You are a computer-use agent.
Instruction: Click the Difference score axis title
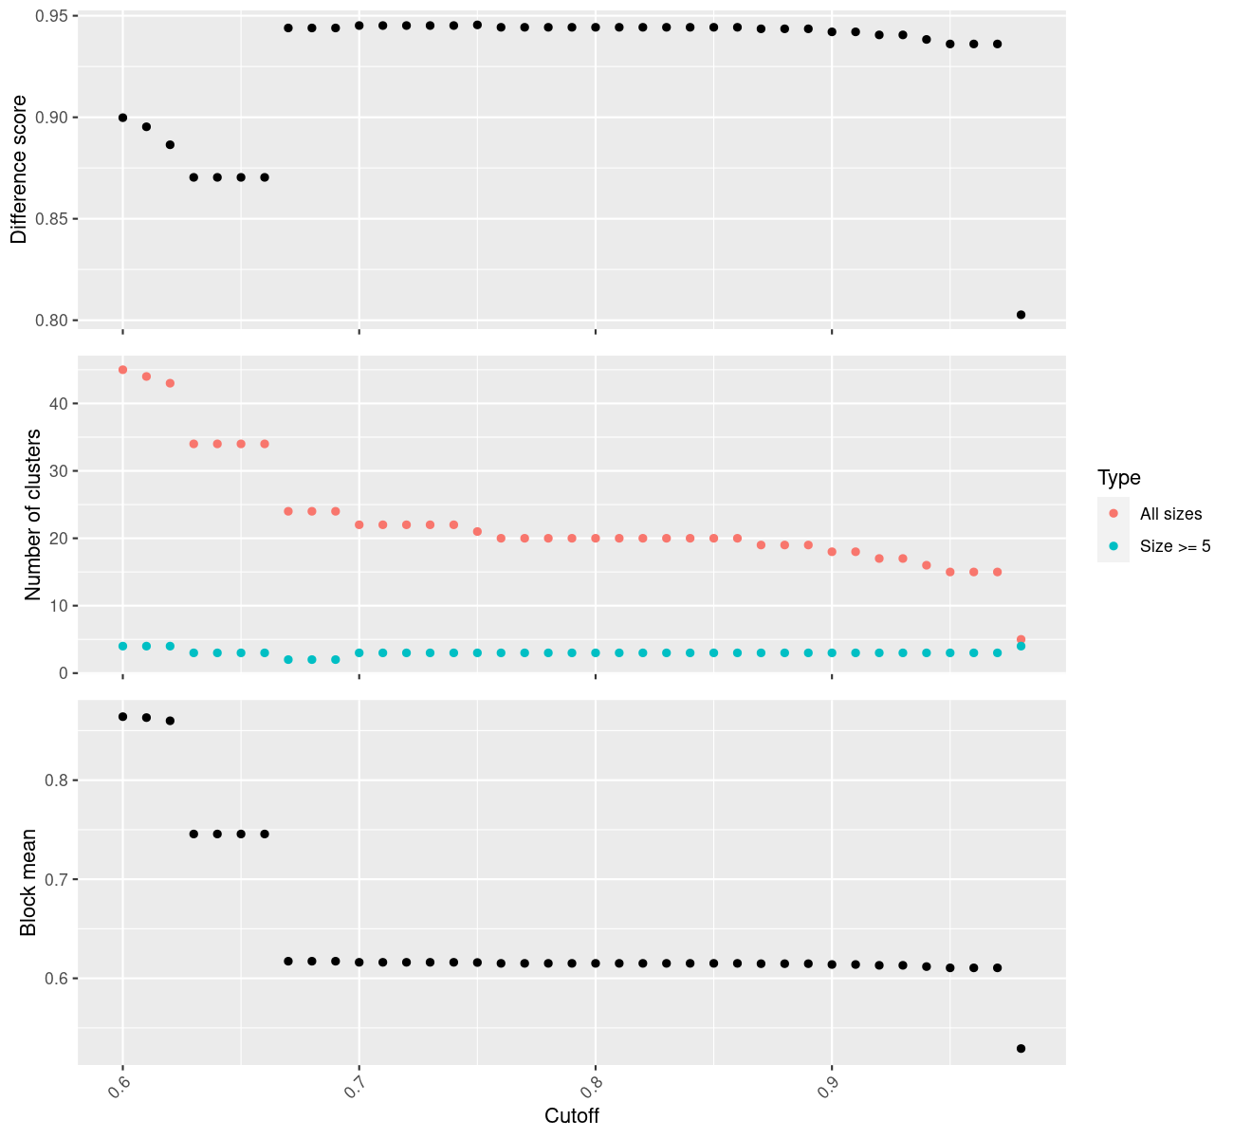19,170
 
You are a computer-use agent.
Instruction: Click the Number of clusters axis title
33,515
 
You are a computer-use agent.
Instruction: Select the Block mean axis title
28,883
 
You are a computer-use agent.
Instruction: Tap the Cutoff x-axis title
572,1115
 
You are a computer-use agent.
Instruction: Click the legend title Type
1118,478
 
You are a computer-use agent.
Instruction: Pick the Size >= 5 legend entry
1175,546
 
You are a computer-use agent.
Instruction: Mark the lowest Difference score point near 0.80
1021,315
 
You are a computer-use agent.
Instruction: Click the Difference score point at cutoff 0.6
122,118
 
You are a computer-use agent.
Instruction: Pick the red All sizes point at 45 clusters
122,370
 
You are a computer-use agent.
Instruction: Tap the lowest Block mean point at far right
1021,1048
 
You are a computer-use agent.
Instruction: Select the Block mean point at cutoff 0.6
122,717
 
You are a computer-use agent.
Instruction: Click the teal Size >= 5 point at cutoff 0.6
122,646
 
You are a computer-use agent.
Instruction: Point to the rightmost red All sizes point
1021,639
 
